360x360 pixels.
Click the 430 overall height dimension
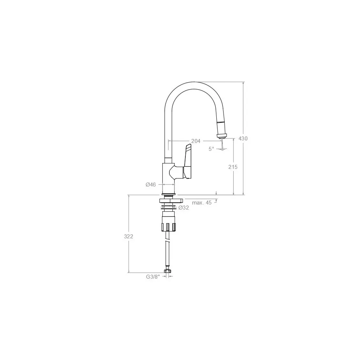(243, 139)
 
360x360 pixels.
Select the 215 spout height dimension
(233, 167)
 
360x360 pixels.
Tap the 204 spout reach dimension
(196, 141)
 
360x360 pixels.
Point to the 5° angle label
(211, 149)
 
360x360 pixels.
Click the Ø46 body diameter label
(150, 184)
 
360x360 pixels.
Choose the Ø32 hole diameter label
(184, 208)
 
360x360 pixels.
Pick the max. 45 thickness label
(202, 203)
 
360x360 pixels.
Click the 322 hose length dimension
(129, 236)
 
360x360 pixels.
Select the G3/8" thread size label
(153, 277)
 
